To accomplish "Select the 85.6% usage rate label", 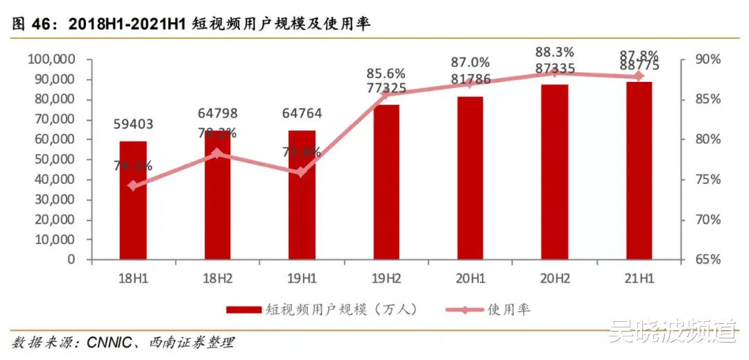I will point(386,74).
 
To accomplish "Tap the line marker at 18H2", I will point(217,153).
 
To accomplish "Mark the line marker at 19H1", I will point(301,172).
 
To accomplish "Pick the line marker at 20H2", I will point(554,73).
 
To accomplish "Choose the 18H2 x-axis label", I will point(217,278).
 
